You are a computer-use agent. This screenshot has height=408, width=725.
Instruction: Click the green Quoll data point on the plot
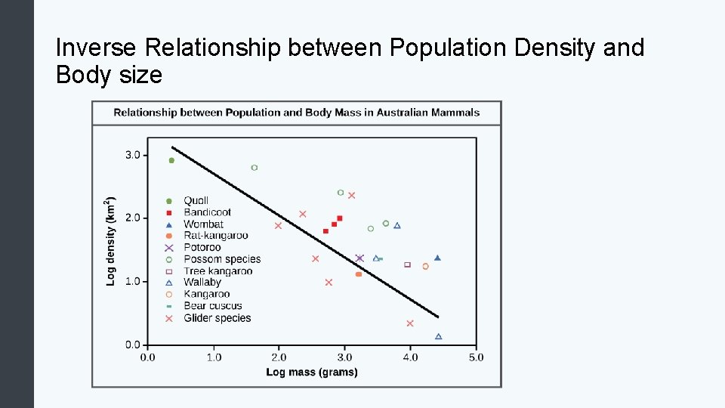[171, 160]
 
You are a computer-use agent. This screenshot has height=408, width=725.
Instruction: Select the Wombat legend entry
[203, 224]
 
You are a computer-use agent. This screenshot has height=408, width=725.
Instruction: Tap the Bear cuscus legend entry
[212, 306]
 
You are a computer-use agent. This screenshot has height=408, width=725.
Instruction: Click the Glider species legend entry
[217, 318]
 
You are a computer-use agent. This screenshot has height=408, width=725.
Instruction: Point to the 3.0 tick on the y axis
[132, 155]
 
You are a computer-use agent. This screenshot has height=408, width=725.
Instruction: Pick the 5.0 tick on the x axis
[476, 357]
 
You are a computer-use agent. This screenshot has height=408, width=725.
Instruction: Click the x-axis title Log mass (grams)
[312, 372]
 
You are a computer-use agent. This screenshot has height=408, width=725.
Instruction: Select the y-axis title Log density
[111, 242]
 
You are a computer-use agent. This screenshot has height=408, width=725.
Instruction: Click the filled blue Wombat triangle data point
[437, 258]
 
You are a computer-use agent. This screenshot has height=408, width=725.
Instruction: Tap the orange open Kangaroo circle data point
[425, 266]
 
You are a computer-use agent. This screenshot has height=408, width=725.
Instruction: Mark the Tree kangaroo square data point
[407, 264]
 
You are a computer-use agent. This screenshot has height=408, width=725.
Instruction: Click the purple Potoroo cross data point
[359, 258]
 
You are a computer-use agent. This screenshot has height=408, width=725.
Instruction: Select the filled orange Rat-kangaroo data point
[358, 274]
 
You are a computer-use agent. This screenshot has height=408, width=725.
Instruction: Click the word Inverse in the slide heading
[96, 48]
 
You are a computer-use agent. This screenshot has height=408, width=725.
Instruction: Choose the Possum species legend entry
[221, 259]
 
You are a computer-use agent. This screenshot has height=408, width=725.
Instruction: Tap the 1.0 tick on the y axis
[132, 281]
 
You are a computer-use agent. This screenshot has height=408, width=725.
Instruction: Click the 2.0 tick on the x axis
[279, 357]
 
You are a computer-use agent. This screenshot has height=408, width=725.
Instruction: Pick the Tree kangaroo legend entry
[217, 271]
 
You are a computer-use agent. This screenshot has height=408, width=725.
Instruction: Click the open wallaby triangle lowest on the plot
[439, 336]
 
